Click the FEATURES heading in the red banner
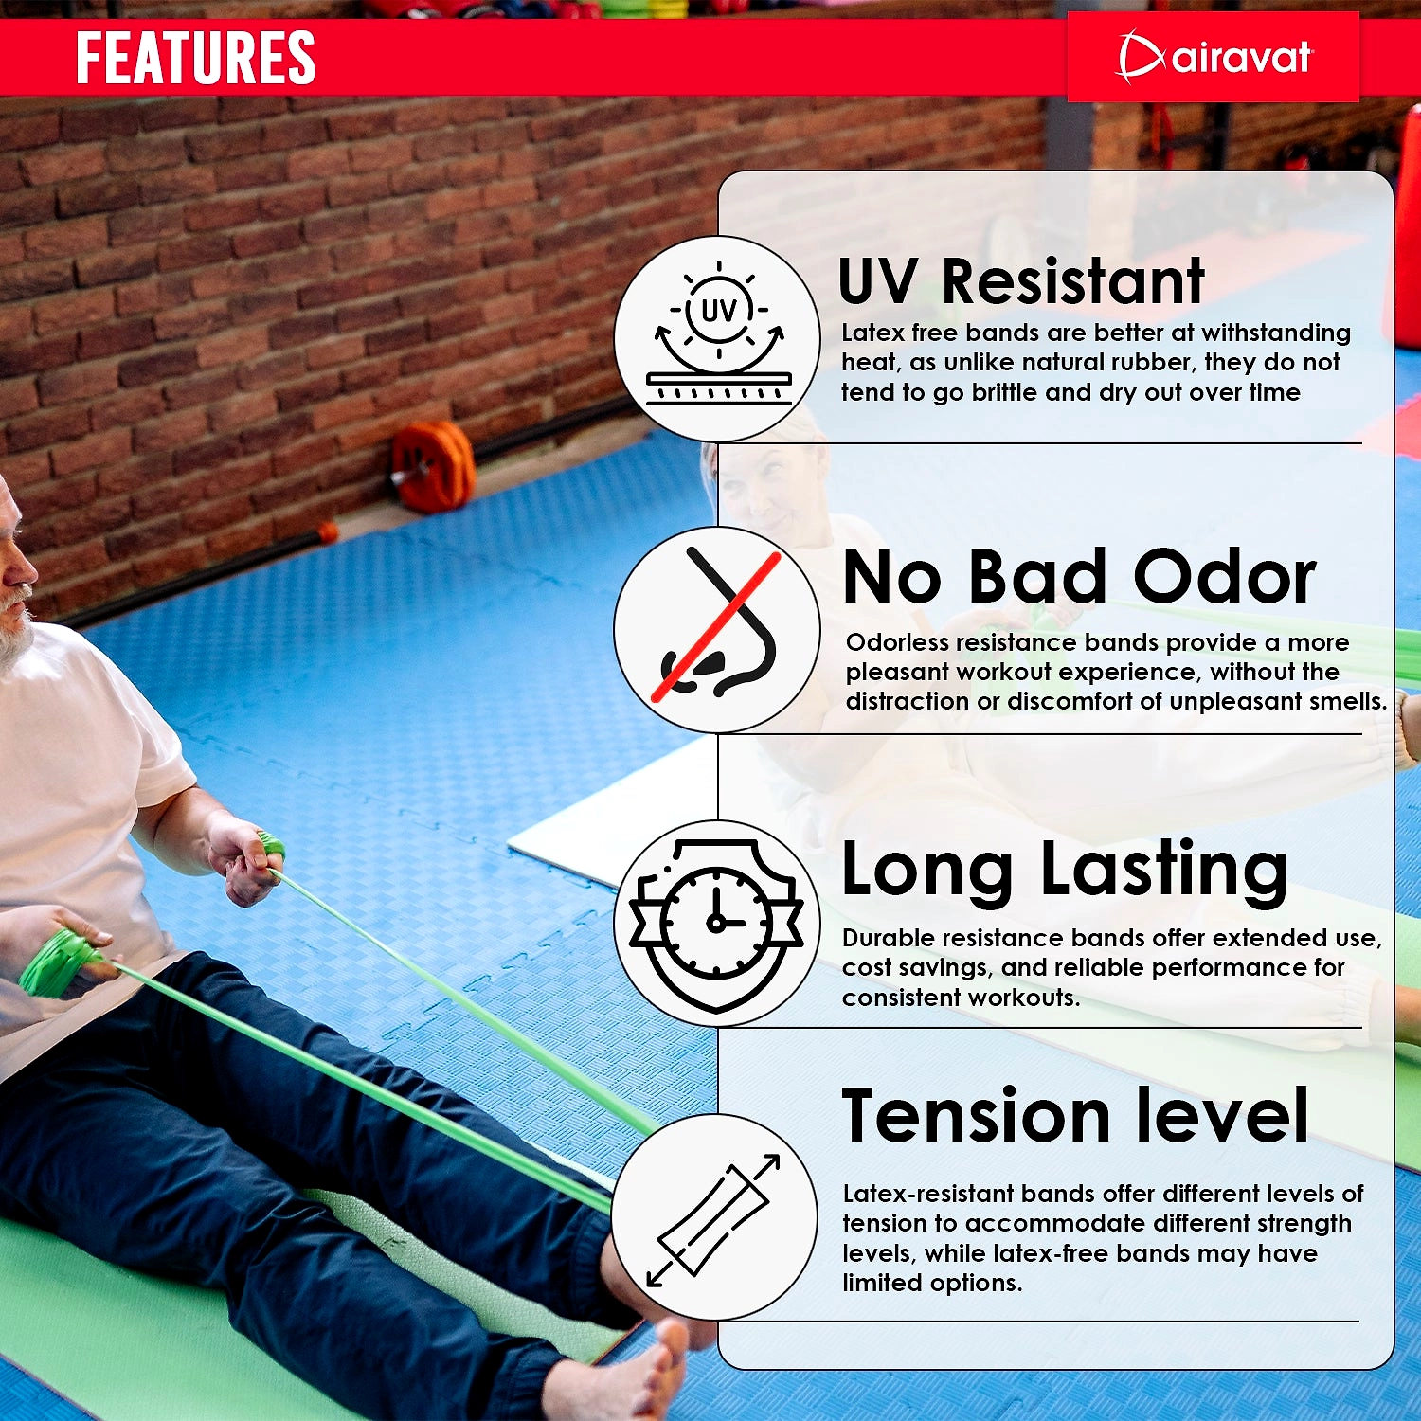[x=195, y=58]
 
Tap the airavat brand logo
[x=1214, y=58]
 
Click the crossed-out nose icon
[x=718, y=625]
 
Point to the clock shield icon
[x=717, y=925]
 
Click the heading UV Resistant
[x=1021, y=281]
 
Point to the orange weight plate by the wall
[x=433, y=466]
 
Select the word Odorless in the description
[x=897, y=642]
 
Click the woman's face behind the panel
[x=758, y=493]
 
